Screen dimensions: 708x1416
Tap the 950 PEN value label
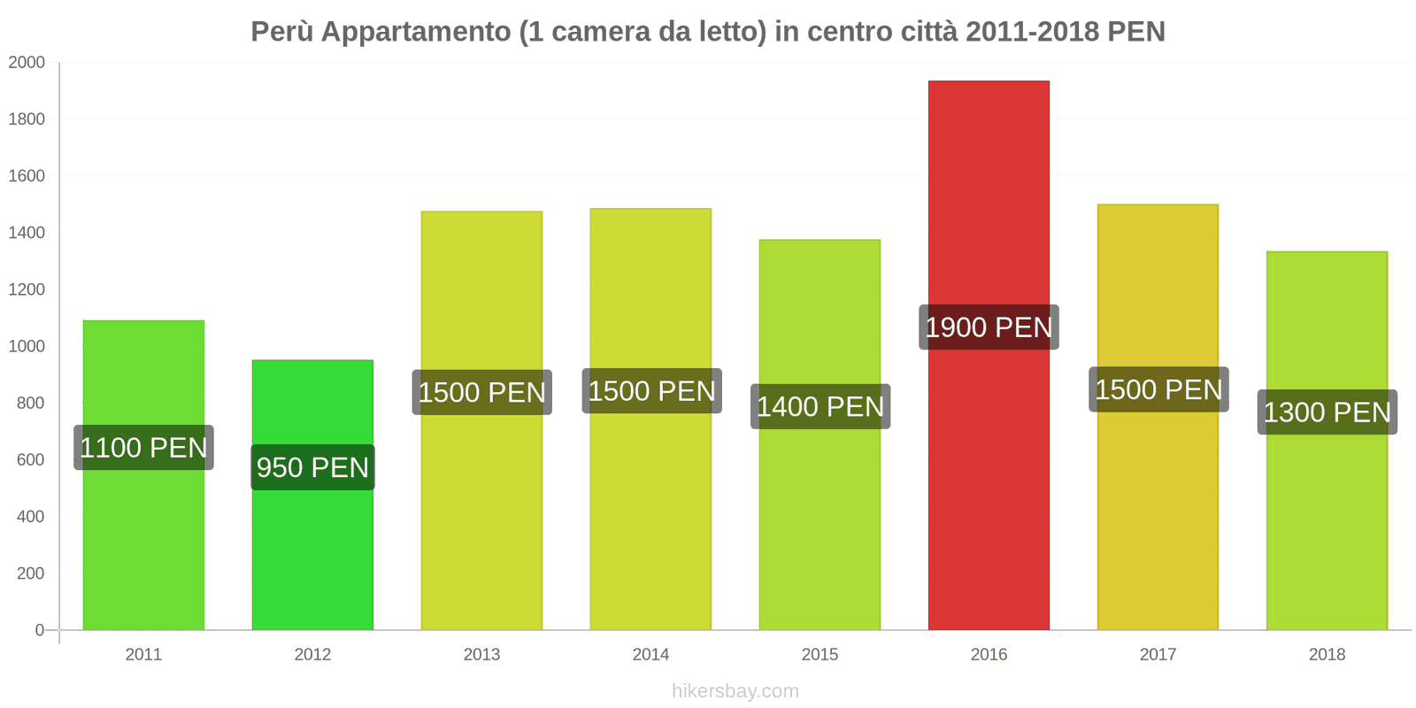click(312, 467)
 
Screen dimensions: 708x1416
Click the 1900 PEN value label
click(989, 327)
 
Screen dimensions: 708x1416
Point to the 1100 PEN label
click(143, 448)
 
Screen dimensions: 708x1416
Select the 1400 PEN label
click(820, 407)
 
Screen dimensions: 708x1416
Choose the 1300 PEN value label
click(1327, 412)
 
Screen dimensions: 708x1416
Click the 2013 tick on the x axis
click(481, 655)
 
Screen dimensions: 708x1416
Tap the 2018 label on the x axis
click(1327, 655)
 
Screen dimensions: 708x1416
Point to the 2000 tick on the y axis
click(27, 63)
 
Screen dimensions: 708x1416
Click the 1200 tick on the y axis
click(27, 289)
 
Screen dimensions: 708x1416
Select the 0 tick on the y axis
click(39, 630)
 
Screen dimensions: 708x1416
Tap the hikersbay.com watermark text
click(735, 691)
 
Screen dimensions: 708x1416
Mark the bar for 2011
click(143, 549)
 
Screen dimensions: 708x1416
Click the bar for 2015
click(820, 531)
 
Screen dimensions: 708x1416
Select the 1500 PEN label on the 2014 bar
click(651, 391)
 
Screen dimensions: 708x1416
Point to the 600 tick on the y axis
click(30, 460)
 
